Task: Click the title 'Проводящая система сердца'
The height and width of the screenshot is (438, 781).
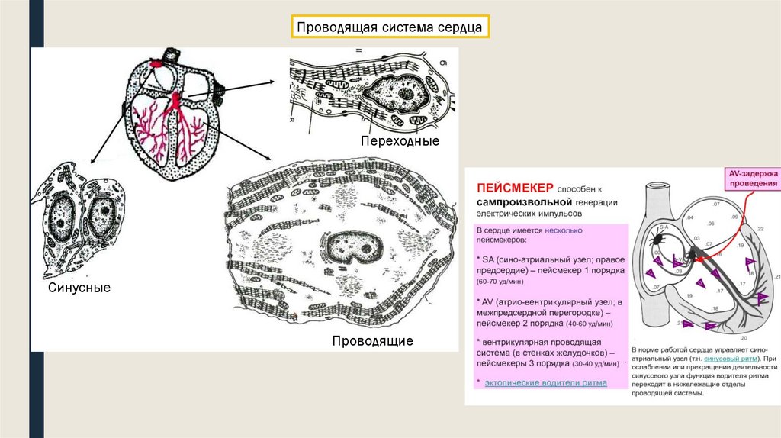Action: [x=389, y=28]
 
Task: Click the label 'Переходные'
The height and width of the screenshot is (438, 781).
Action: [x=400, y=142]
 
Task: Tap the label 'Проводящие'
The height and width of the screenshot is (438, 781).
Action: [x=372, y=341]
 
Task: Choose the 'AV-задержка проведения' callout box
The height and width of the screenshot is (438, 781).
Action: [x=752, y=179]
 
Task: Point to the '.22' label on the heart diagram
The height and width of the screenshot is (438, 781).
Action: [x=760, y=228]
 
